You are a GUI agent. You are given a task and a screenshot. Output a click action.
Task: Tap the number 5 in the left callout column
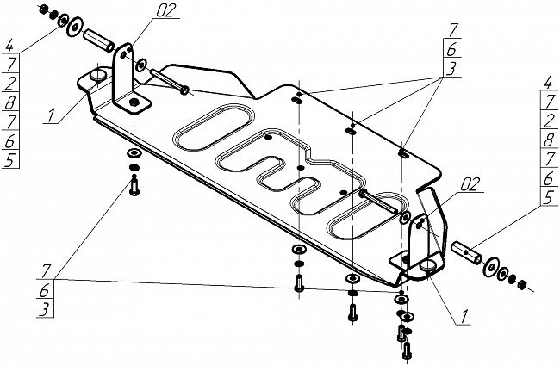pyautogui.click(x=9, y=159)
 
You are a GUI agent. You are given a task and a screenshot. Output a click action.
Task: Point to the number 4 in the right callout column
pyautogui.click(x=548, y=83)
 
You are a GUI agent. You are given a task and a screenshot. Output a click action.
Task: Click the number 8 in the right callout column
pyautogui.click(x=548, y=140)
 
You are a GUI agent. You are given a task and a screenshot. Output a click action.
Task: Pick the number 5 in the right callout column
pyautogui.click(x=548, y=196)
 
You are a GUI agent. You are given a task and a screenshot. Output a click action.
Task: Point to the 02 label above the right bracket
pyautogui.click(x=470, y=183)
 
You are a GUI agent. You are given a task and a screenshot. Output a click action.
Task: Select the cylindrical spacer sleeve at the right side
pyautogui.click(x=469, y=252)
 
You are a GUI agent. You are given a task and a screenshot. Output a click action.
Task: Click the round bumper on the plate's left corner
pyautogui.click(x=97, y=77)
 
